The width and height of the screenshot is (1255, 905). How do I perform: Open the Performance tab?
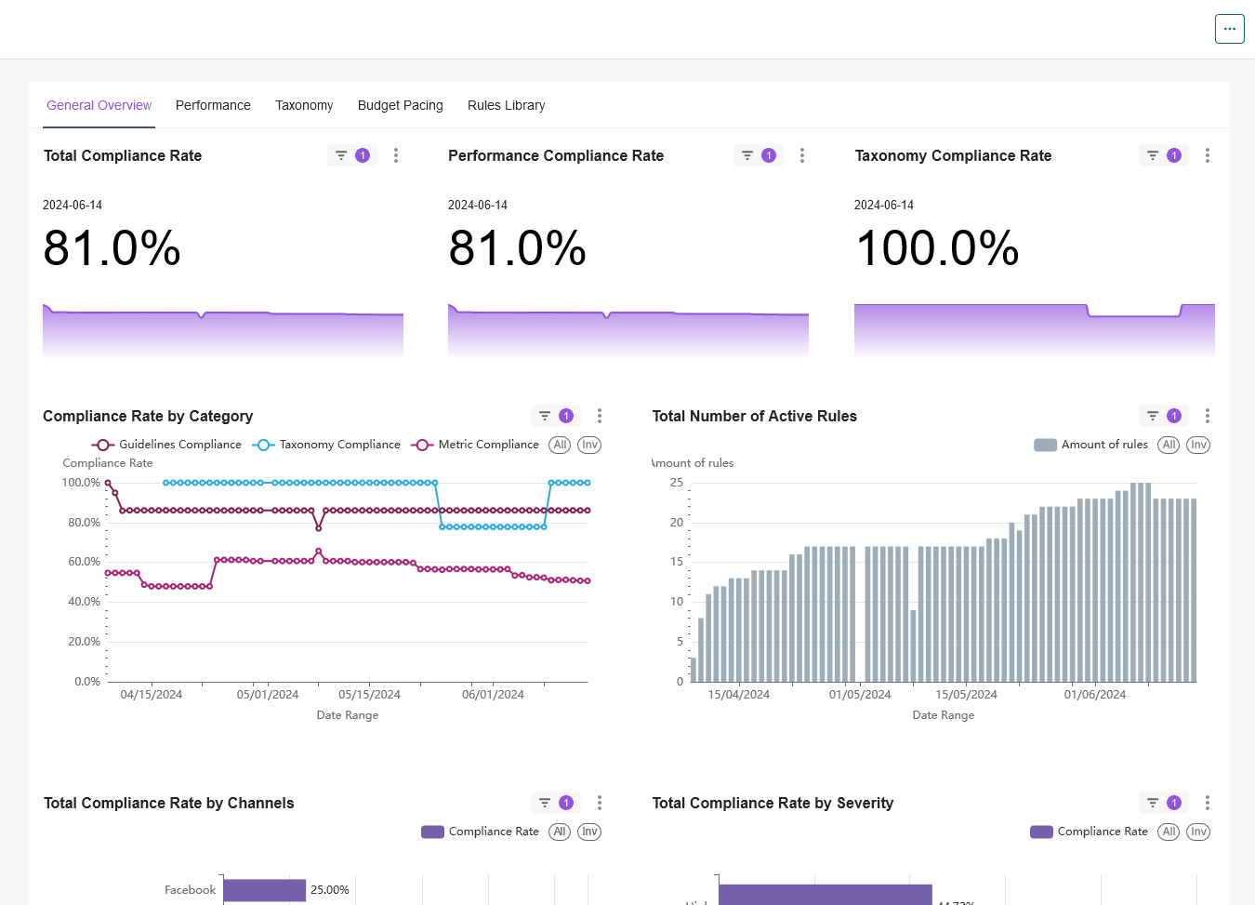(x=213, y=105)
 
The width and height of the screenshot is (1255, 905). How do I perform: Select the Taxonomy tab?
(x=304, y=105)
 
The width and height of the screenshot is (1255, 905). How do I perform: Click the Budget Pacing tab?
(x=400, y=105)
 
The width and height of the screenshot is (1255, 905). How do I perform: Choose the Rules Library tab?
(x=506, y=105)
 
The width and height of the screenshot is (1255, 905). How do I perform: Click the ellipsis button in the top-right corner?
(x=1229, y=29)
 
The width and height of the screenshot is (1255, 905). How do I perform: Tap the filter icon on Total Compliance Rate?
(x=341, y=155)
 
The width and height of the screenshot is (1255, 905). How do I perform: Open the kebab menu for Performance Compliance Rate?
(x=802, y=155)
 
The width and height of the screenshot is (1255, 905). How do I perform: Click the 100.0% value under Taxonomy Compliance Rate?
(x=936, y=248)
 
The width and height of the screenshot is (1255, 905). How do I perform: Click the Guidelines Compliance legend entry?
(x=167, y=445)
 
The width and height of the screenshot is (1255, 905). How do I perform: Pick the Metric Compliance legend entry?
(x=476, y=445)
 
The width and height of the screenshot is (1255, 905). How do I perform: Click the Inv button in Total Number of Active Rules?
(x=1198, y=445)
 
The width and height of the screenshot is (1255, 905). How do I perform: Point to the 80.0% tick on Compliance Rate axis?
(x=84, y=523)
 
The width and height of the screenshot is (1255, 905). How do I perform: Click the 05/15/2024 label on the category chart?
(x=369, y=695)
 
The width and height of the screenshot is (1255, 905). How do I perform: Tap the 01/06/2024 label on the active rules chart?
(x=1094, y=695)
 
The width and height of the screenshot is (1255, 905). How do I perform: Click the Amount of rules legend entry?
(x=1091, y=445)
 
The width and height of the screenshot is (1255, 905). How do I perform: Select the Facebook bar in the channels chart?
(x=264, y=890)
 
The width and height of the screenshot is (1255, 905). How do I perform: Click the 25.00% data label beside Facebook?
(x=330, y=890)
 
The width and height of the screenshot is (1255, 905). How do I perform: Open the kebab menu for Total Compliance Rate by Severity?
(x=1208, y=803)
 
